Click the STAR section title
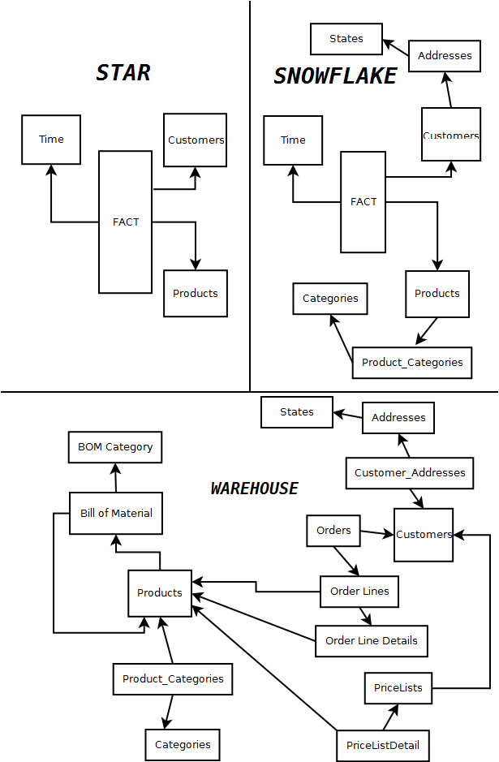tap(123, 73)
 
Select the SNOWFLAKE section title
tap(335, 76)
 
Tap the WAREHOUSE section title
tap(254, 489)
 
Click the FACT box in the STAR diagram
tap(125, 222)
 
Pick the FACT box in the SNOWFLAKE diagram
tap(363, 201)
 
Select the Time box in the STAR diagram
tap(51, 140)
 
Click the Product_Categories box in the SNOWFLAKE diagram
tap(411, 362)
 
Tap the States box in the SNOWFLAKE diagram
tap(346, 39)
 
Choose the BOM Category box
tap(115, 446)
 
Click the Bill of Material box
tap(116, 513)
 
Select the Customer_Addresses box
tap(410, 472)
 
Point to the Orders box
tap(333, 531)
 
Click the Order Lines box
tap(359, 592)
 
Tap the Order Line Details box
tap(371, 640)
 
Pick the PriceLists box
tap(398, 687)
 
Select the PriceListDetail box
tap(382, 745)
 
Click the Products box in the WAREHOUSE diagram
tap(160, 592)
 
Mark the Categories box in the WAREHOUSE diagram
tap(183, 744)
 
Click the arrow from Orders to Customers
tap(376, 533)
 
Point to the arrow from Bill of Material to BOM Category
tap(115, 478)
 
